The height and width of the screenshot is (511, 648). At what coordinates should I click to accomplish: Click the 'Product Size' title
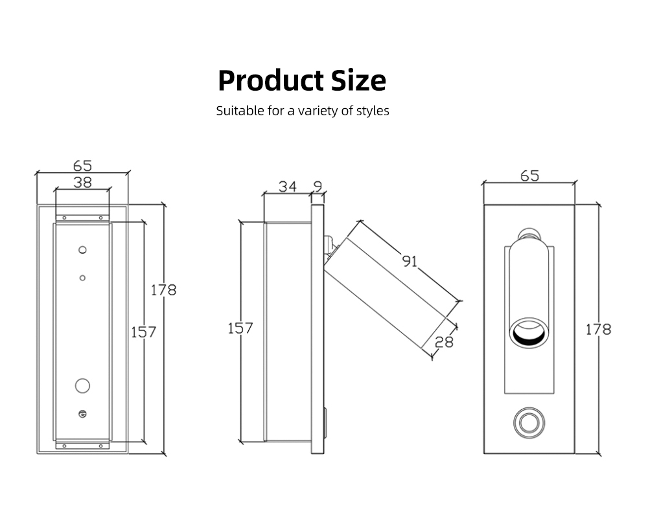pos(302,81)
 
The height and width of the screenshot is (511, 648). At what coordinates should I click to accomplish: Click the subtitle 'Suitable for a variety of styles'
pos(302,111)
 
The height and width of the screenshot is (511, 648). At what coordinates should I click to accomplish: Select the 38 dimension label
pos(82,183)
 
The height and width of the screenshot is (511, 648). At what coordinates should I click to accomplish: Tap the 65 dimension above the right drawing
pos(529,176)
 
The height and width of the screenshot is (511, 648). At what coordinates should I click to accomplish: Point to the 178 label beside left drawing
pos(163,290)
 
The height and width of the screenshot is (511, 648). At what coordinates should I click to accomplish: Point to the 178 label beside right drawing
pos(598,329)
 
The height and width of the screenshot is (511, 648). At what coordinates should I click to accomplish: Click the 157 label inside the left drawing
pos(143,332)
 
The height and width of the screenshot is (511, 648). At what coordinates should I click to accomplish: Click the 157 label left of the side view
pos(240,328)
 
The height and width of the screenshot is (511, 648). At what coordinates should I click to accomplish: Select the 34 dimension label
pos(288,187)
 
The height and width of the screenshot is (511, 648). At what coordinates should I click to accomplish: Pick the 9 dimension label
pos(318,187)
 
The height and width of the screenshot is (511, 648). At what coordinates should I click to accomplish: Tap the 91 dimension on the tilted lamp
pos(410,261)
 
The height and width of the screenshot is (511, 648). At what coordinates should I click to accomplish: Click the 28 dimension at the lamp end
pos(444,341)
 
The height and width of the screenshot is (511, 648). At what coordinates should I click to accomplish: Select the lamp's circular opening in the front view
pos(528,333)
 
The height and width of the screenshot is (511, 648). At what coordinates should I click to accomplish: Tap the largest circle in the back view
pos(82,385)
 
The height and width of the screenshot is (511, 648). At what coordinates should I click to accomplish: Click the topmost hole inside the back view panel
pos(82,249)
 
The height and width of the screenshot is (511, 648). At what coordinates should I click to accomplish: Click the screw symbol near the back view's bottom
pos(82,414)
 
